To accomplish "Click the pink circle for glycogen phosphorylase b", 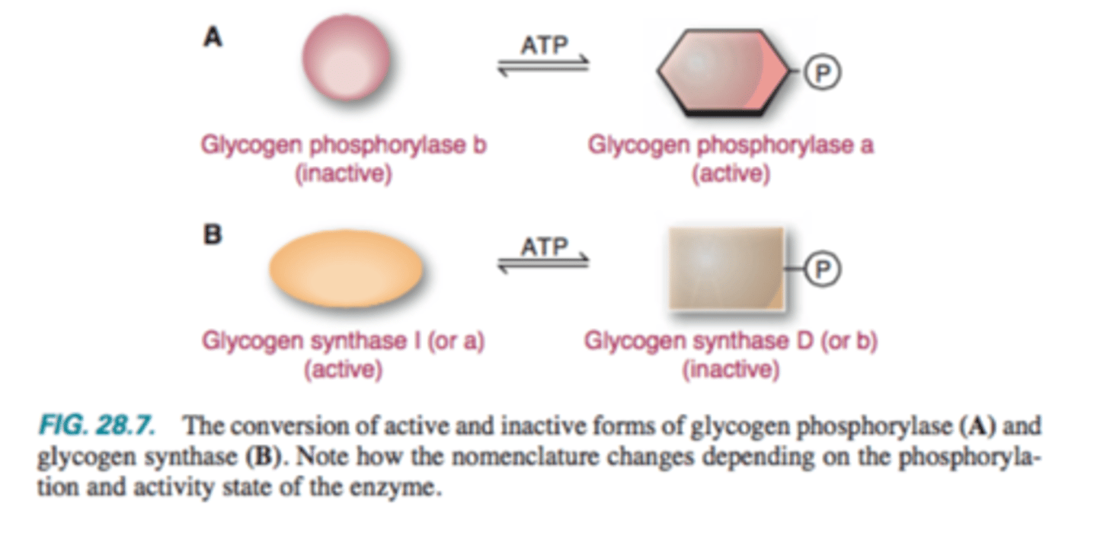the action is coord(347,59).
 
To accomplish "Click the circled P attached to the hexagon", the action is coord(824,72).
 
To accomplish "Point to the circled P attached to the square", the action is coord(824,269).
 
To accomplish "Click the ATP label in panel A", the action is coord(544,46).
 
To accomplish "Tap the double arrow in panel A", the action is coord(543,66).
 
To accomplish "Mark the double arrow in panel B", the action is coord(543,263).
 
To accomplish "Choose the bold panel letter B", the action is coord(212,235).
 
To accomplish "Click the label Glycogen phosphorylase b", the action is coord(344,145).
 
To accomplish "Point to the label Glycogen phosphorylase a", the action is coord(731,145).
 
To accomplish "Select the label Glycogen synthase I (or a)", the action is coord(343,342).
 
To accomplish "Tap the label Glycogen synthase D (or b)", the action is coord(731,342).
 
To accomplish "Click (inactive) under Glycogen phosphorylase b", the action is coord(344,174).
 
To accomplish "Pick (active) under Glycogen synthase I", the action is coord(343,371).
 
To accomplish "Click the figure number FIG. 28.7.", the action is coord(96,426).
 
